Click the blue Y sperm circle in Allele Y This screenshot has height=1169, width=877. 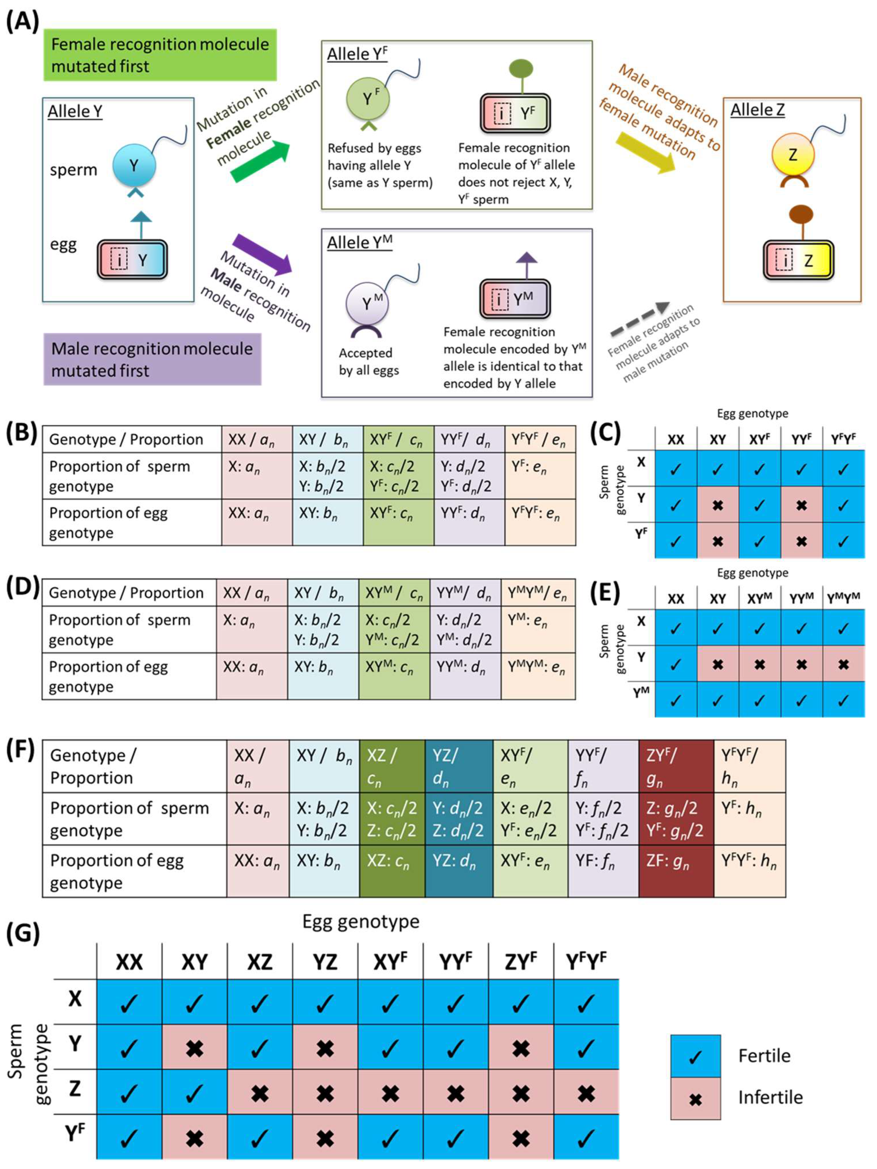(x=134, y=166)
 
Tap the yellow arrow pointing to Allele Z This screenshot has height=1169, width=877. (x=646, y=153)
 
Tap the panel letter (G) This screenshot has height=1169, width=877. (x=22, y=934)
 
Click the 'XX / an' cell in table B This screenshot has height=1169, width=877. (x=257, y=439)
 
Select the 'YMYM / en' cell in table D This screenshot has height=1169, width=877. (x=538, y=593)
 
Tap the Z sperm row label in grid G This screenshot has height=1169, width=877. (x=75, y=1089)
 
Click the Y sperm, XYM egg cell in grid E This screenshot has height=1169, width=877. (x=759, y=664)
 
